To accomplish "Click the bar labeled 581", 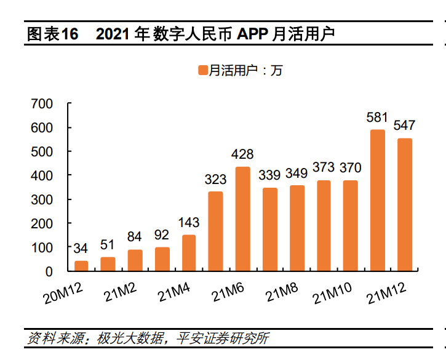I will [378, 200].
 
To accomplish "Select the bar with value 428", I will [243, 218].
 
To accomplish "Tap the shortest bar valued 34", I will [81, 266].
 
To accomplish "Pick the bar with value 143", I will [189, 253].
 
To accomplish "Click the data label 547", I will [404, 125].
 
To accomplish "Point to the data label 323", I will [215, 179].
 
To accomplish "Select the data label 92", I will [162, 234].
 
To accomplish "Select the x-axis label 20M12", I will [64, 292].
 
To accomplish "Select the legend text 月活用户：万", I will [245, 71].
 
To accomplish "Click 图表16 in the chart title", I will [53, 34].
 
